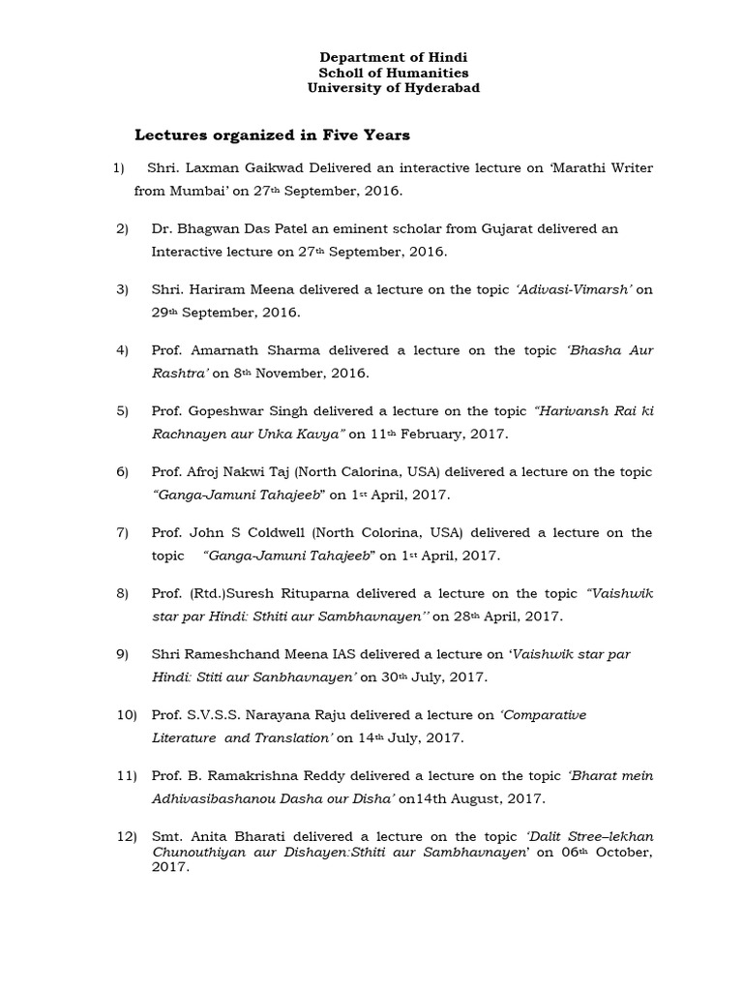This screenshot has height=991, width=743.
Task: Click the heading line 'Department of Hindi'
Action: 393,58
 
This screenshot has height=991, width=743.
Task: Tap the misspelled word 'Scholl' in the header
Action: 341,73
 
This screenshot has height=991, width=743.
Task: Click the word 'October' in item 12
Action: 621,853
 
